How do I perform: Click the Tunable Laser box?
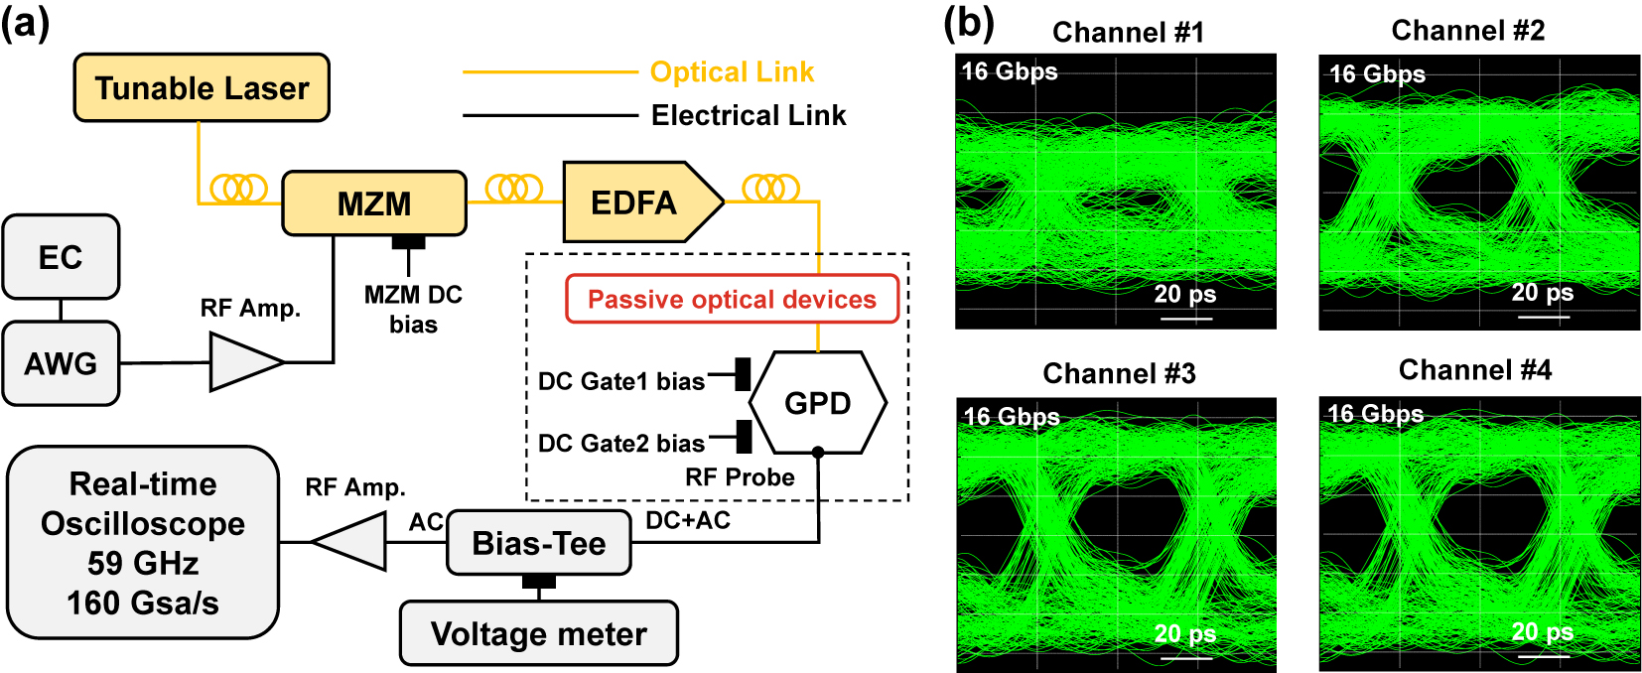(x=202, y=88)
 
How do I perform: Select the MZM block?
(x=374, y=203)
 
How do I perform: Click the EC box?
(x=61, y=257)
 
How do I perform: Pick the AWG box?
(x=61, y=363)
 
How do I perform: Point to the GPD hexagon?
(x=817, y=403)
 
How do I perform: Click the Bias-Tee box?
(x=538, y=543)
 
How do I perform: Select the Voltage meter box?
(x=538, y=633)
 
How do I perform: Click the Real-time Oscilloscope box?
(x=143, y=542)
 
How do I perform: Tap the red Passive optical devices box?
(x=732, y=300)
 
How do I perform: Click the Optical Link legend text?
(x=732, y=72)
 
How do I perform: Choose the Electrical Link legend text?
(x=749, y=116)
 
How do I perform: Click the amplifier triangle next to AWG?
(x=243, y=362)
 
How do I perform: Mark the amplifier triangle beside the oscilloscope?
(x=352, y=542)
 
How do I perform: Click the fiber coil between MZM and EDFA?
(x=513, y=188)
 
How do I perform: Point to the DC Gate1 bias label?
(x=620, y=381)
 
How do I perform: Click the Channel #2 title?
(x=1467, y=31)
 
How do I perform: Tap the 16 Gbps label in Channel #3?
(x=1012, y=417)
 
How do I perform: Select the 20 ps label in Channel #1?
(x=1184, y=294)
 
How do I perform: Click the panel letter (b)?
(x=968, y=23)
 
